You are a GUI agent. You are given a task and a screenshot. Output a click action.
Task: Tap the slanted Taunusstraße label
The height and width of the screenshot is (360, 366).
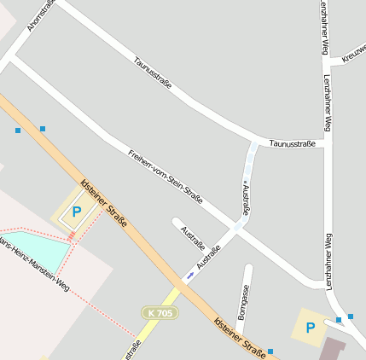tap(153, 73)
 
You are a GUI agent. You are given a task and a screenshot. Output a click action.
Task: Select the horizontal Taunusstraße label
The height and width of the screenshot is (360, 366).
tap(293, 143)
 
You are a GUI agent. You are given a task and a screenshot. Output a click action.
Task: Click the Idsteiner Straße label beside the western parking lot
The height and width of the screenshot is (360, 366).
tap(103, 203)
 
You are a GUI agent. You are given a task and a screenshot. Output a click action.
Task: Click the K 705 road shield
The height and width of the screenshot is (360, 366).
tap(160, 313)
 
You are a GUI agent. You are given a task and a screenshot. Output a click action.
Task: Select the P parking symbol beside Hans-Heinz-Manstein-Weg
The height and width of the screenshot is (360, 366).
tap(77, 212)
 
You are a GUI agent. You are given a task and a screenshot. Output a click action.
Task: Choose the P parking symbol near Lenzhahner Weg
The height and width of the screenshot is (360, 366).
tap(310, 327)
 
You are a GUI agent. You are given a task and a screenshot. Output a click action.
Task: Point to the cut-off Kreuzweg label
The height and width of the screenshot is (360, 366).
tap(352, 53)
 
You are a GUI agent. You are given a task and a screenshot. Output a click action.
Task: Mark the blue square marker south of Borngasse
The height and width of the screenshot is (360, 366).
tap(270, 351)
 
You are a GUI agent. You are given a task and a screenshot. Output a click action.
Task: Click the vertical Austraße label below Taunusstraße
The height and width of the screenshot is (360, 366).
tap(247, 195)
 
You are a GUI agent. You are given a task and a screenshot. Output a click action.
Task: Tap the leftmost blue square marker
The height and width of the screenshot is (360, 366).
tap(18, 131)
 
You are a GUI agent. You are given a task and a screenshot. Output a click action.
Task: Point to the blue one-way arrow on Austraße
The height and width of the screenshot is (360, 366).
tap(189, 275)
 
